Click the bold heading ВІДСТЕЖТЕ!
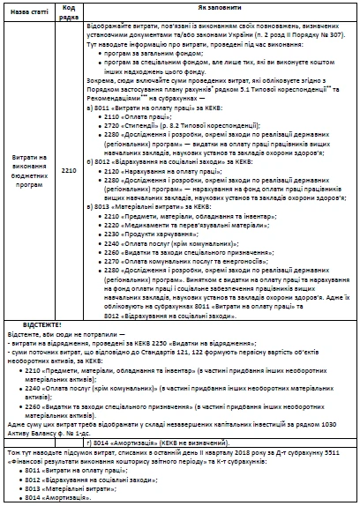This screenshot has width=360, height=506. click(x=29, y=323)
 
